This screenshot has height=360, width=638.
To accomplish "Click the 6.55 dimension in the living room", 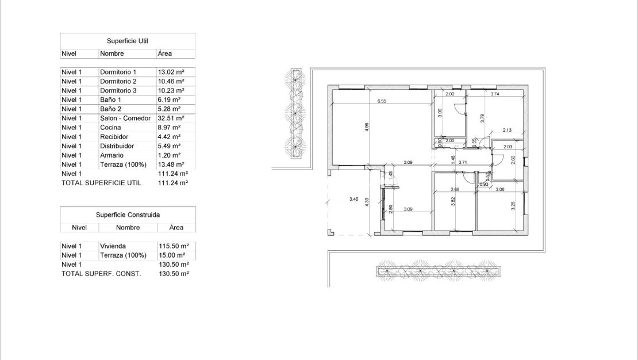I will pyautogui.click(x=382, y=101).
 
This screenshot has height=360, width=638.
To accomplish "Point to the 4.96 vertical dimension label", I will pyautogui.click(x=367, y=127).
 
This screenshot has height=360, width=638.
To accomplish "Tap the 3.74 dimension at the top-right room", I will pyautogui.click(x=494, y=94).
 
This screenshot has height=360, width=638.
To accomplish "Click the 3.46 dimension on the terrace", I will pyautogui.click(x=354, y=199).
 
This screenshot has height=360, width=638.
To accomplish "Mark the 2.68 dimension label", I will pyautogui.click(x=455, y=189).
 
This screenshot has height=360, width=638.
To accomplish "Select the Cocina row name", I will pyautogui.click(x=110, y=128).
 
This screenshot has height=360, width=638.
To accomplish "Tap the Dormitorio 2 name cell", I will pyautogui.click(x=118, y=82).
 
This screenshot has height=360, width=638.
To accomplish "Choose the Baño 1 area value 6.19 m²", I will pyautogui.click(x=169, y=100).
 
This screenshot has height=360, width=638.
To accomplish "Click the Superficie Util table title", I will pyautogui.click(x=127, y=41).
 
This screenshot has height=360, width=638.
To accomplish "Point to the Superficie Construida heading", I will pyautogui.click(x=128, y=215).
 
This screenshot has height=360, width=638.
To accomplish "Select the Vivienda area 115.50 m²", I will pyautogui.click(x=174, y=246).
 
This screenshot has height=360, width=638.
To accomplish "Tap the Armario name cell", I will pyautogui.click(x=112, y=155).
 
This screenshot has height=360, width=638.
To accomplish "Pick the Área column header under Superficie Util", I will pyautogui.click(x=165, y=53).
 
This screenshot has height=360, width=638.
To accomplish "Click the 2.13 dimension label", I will pyautogui.click(x=507, y=130).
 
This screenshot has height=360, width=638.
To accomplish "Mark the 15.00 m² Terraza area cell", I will pyautogui.click(x=172, y=255).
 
